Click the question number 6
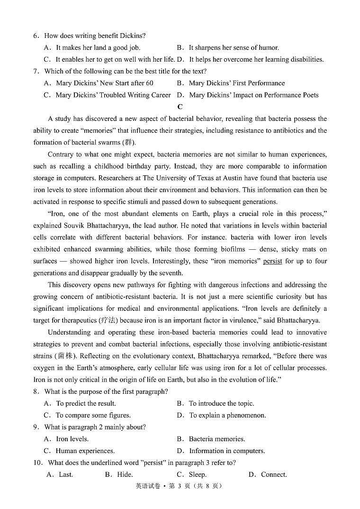click(36, 36)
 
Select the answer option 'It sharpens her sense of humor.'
click(234, 47)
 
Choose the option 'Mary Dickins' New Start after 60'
click(104, 83)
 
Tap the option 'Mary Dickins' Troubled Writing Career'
click(113, 95)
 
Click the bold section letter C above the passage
click(180, 107)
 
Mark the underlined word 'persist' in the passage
click(272, 261)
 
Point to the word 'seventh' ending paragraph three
click(171, 273)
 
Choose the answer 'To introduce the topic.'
click(221, 403)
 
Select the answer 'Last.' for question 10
click(66, 474)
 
